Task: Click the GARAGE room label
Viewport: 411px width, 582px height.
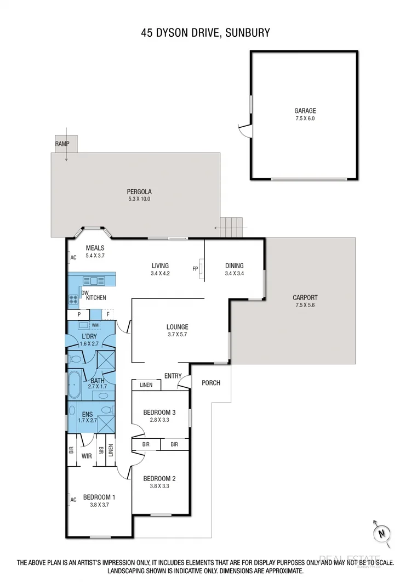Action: click(x=305, y=110)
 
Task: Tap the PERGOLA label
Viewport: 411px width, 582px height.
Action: click(x=139, y=191)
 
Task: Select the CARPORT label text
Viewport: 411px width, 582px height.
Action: click(x=305, y=298)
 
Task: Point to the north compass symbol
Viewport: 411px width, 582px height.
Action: click(x=381, y=532)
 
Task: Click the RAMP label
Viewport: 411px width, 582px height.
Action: click(x=62, y=143)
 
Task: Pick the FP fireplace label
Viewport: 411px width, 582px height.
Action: click(x=195, y=269)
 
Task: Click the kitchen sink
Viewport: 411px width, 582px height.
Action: click(x=93, y=281)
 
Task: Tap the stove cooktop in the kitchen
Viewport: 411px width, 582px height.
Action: click(x=73, y=300)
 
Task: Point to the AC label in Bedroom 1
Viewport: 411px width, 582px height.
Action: click(x=72, y=499)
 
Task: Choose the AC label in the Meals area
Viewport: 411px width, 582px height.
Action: click(x=72, y=258)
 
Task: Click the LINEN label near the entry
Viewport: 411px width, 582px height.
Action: click(x=146, y=385)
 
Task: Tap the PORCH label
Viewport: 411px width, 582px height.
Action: click(x=211, y=382)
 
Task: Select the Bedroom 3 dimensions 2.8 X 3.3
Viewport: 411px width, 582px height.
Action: click(x=159, y=420)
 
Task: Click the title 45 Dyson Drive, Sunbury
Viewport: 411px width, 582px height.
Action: click(x=205, y=33)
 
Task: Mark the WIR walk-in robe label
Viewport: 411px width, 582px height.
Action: click(x=87, y=456)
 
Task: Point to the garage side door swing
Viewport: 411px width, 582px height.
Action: click(x=247, y=131)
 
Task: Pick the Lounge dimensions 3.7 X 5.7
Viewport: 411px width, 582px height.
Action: click(x=178, y=335)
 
